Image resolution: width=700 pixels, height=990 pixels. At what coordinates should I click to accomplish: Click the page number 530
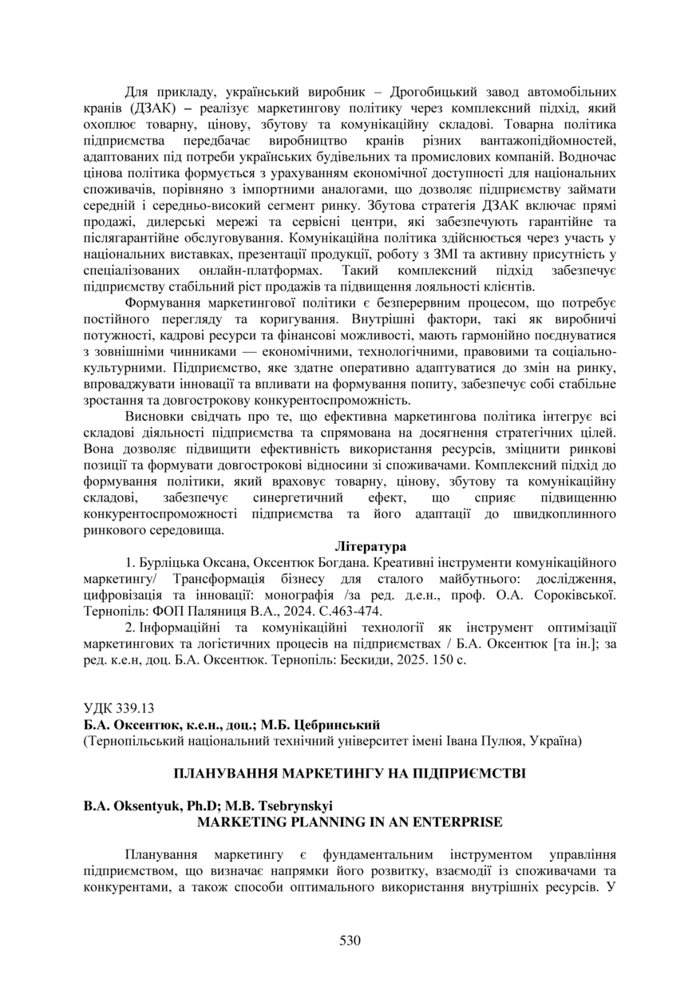point(350,940)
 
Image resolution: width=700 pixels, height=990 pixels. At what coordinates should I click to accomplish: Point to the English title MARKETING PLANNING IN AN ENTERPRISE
point(350,822)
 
